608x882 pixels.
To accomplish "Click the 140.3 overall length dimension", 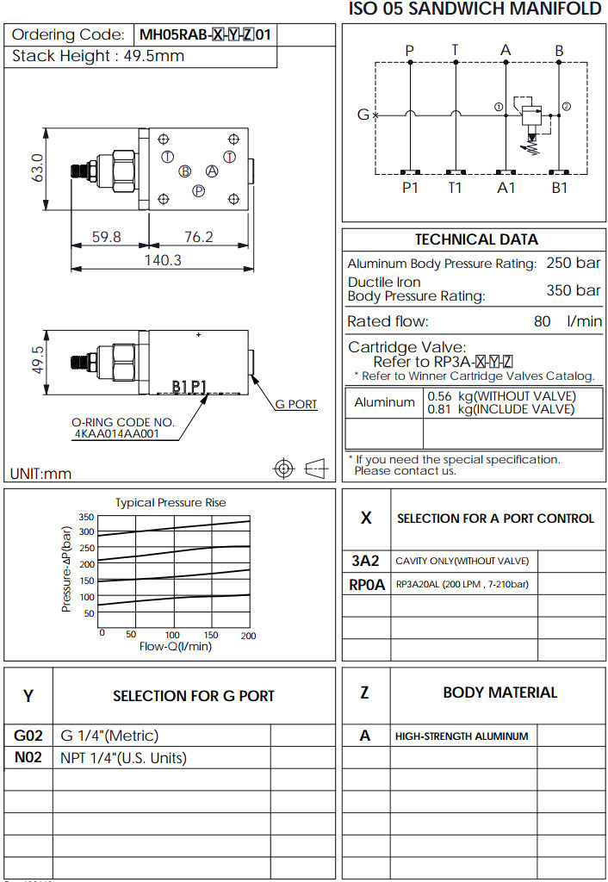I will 162,259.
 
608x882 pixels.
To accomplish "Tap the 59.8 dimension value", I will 107,237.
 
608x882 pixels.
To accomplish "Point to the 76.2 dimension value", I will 198,237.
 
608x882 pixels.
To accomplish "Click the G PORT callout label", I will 295,404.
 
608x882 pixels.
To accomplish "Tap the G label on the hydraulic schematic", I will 363,115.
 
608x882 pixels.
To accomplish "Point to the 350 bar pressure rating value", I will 574,290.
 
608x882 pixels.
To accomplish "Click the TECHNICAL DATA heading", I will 476,239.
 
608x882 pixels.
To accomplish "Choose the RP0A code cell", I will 366,584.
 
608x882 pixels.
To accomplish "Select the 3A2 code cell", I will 366,562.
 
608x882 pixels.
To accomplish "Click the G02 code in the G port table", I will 28,736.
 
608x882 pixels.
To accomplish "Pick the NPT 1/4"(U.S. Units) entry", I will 123,758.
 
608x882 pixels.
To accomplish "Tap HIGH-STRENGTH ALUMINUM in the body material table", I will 462,736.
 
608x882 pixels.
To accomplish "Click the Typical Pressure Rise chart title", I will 171,502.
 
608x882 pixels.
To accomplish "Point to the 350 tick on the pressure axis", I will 86,517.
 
